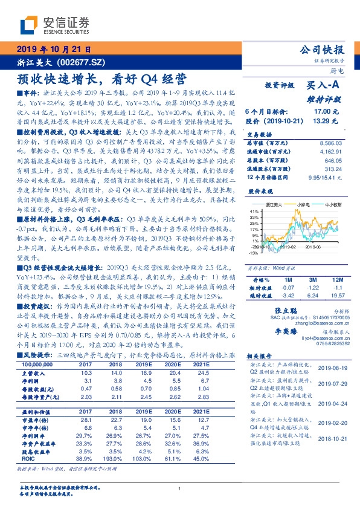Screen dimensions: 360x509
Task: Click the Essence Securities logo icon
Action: coord(30,25)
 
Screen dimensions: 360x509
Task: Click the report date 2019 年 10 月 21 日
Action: coord(53,49)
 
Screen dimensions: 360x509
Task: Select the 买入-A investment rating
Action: coord(321,86)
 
